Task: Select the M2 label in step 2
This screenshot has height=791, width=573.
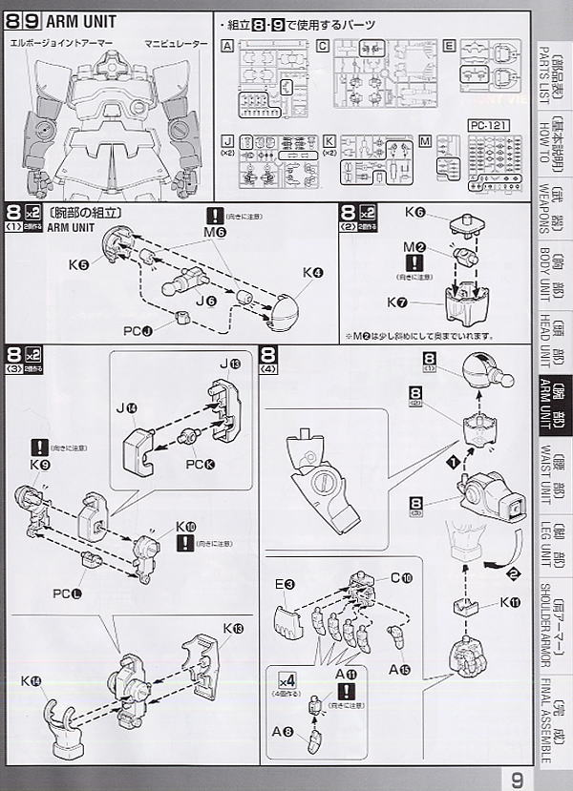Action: pos(413,248)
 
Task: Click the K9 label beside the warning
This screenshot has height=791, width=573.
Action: pos(39,464)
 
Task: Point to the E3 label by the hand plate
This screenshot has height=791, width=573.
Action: pos(285,583)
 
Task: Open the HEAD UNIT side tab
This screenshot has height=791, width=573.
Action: pos(552,338)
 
